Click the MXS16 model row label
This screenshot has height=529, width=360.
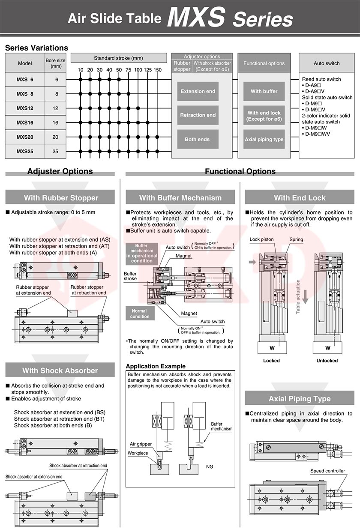[x=25, y=123]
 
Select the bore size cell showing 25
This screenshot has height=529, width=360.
[x=55, y=151]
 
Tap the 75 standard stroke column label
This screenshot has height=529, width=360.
[x=128, y=70]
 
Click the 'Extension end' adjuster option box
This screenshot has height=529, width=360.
[x=198, y=91]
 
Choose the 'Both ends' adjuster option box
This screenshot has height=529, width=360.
[x=198, y=139]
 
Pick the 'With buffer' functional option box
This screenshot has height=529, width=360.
[x=264, y=91]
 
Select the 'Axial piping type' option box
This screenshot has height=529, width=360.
[x=264, y=139]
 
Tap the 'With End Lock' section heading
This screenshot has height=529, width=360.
[x=300, y=197]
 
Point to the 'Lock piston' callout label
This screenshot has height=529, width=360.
[x=261, y=239]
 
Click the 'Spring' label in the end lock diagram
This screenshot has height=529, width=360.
[x=296, y=239]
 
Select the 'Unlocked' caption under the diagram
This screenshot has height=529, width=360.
[x=327, y=361]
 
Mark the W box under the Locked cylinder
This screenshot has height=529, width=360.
[x=272, y=348]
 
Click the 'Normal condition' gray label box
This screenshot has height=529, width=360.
[x=140, y=314]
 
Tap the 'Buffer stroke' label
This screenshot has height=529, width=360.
[x=130, y=276]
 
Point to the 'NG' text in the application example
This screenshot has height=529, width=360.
[x=210, y=466]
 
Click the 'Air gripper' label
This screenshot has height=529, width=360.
[x=141, y=444]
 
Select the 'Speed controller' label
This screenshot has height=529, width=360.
[x=327, y=471]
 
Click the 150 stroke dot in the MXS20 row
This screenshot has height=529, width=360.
[x=157, y=137]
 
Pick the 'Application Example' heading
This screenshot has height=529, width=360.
[x=156, y=366]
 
